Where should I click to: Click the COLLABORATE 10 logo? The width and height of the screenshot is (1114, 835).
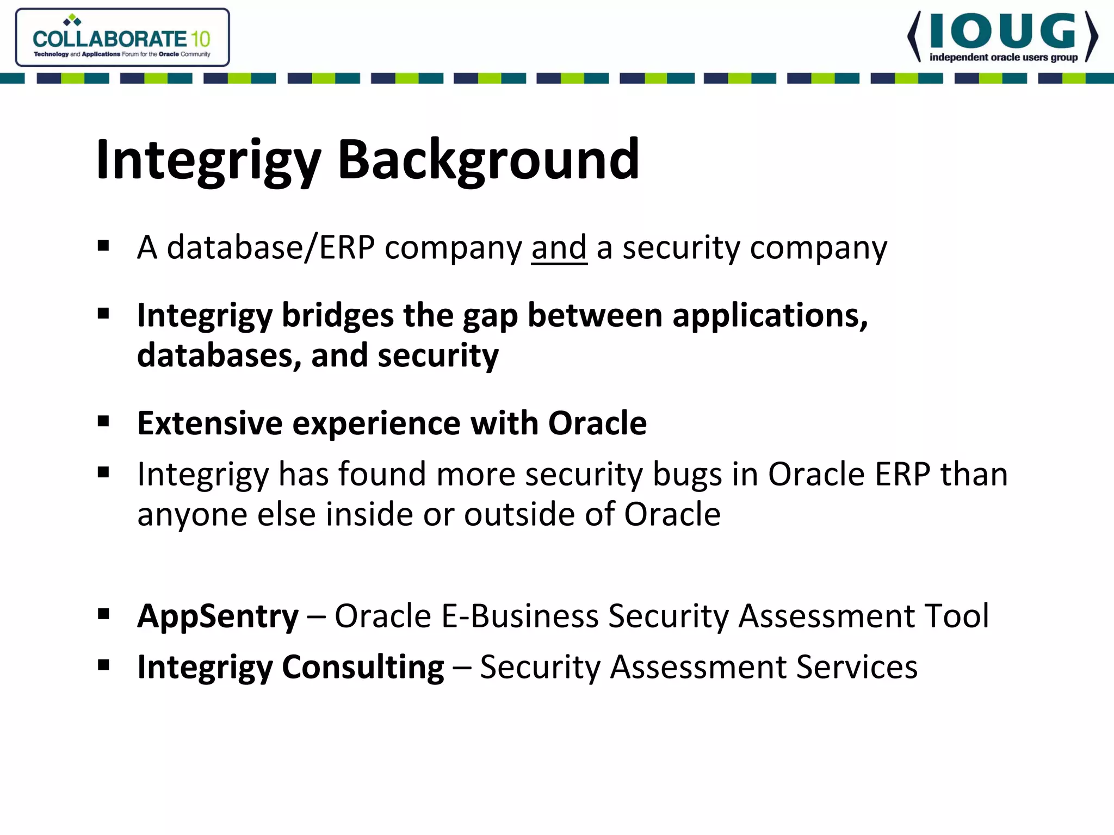[122, 38]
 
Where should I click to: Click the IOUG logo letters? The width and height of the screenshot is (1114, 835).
[1002, 32]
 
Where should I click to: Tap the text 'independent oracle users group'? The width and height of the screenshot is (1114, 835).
[1003, 58]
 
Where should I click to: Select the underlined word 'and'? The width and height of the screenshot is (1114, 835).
[559, 248]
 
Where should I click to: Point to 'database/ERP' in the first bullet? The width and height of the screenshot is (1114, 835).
[270, 248]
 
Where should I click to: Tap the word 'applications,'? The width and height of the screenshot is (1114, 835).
[770, 315]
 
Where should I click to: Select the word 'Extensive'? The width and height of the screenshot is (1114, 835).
[209, 423]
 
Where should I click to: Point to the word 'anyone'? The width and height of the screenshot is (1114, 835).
[192, 515]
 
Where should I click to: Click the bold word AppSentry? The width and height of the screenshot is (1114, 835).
[218, 616]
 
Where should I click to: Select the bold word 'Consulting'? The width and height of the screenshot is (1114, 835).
[362, 667]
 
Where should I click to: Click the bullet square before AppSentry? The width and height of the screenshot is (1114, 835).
[103, 614]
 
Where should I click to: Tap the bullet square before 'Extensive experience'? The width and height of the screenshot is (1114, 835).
[103, 421]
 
